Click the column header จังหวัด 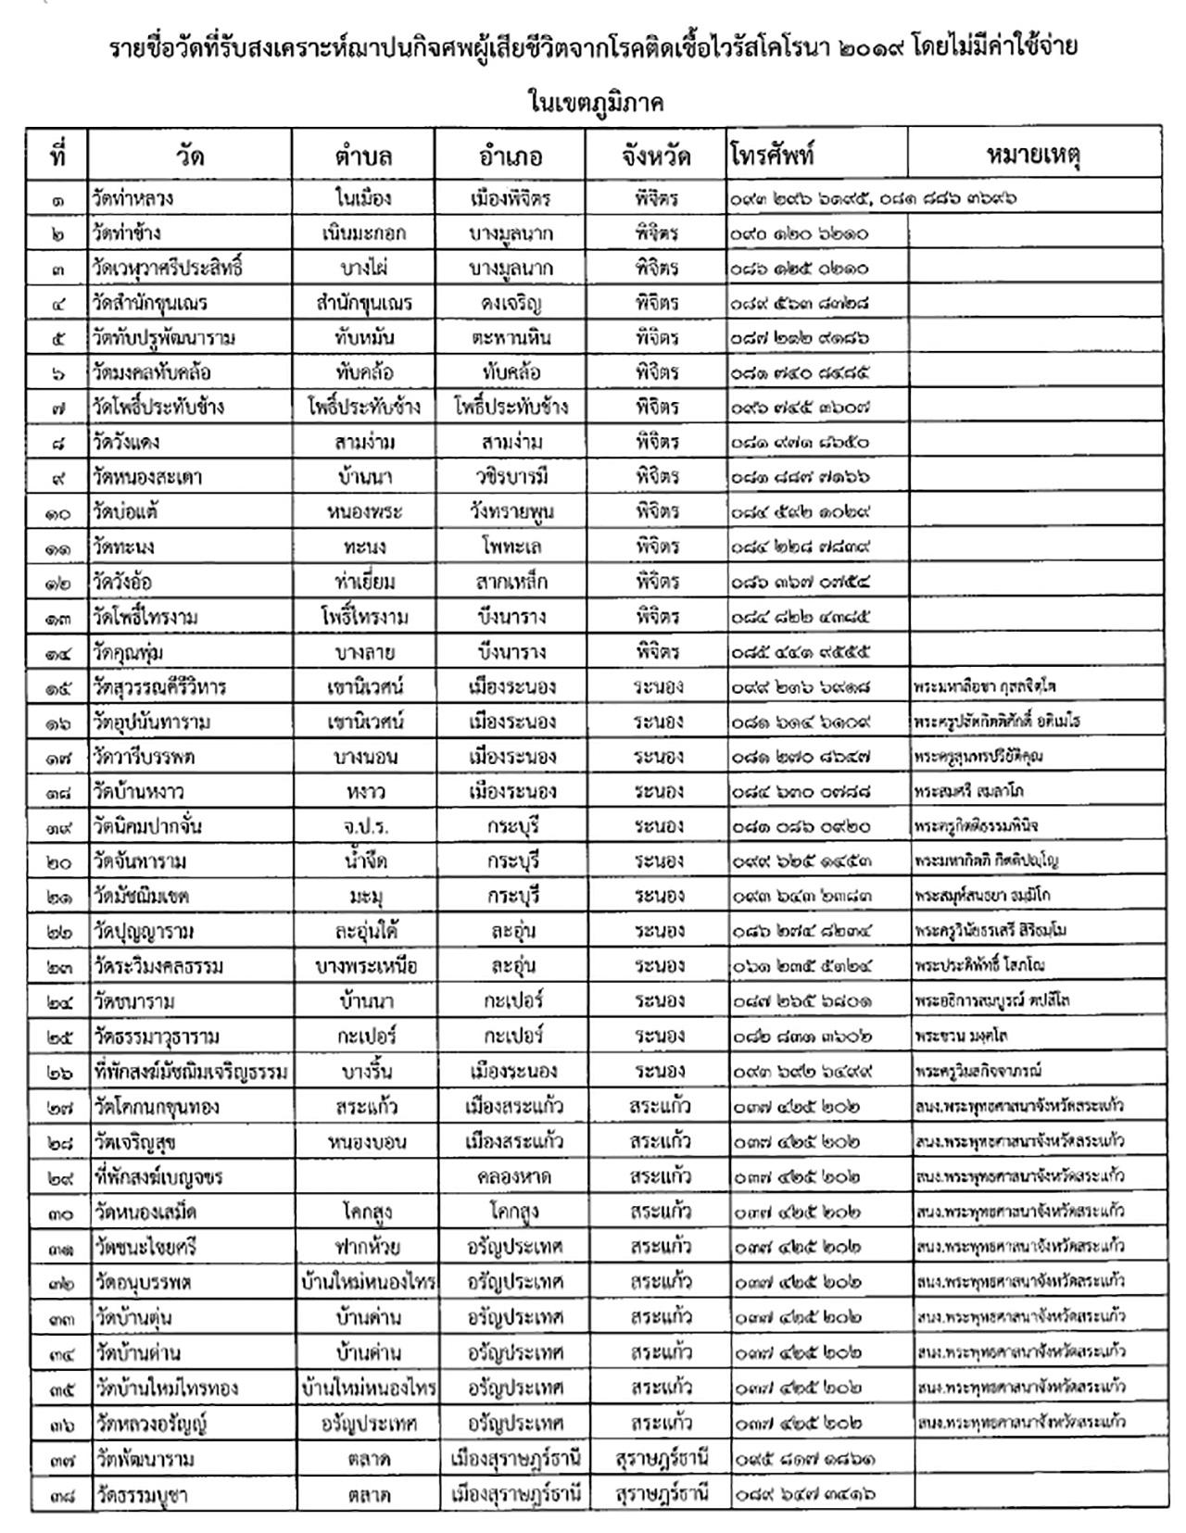656,156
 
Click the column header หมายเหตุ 1034,156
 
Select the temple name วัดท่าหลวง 133,198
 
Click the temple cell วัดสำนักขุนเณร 150,303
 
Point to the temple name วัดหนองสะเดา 148,477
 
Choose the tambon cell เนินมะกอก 364,233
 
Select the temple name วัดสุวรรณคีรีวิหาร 160,687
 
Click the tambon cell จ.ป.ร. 364,826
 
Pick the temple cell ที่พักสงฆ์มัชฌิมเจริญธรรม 191,1073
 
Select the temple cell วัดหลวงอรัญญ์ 150,1423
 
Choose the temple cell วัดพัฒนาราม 145,1459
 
